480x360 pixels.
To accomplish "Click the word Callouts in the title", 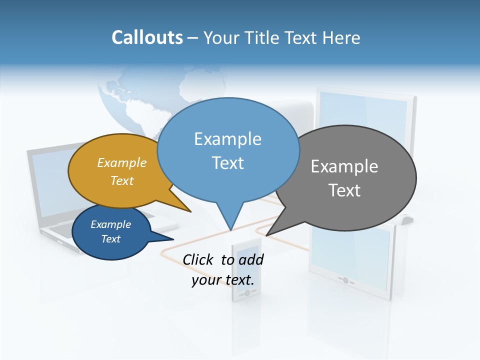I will point(147,37).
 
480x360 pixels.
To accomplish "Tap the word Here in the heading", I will point(342,37).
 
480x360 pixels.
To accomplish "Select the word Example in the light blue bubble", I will point(227,139).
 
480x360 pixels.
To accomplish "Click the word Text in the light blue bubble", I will point(227,163).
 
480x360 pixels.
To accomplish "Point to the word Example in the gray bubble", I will point(344,166).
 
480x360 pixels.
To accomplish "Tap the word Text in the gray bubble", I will point(344,190).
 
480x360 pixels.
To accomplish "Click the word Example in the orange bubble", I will point(121,162).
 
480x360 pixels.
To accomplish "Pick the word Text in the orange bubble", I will point(121,180).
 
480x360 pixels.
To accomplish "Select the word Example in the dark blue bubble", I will point(110,224).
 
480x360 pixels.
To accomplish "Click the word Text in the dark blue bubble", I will point(110,239).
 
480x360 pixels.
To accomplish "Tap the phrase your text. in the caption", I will point(222,280).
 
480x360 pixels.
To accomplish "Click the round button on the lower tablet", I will point(345,280).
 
